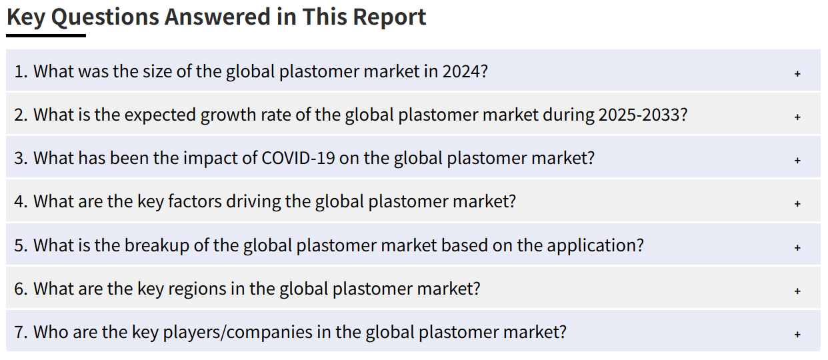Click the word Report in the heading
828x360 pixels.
(x=389, y=17)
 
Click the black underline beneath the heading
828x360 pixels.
(x=46, y=35)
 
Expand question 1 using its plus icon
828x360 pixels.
(x=797, y=73)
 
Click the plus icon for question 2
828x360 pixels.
(x=797, y=117)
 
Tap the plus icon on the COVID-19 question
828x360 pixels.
(x=797, y=160)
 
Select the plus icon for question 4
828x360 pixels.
(x=797, y=203)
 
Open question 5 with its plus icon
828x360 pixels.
(x=797, y=247)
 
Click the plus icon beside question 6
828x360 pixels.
(x=797, y=291)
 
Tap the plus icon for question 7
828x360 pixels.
(x=797, y=334)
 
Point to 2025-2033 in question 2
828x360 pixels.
(x=639, y=115)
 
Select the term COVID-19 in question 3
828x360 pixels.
(x=298, y=158)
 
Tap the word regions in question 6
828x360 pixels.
(x=197, y=289)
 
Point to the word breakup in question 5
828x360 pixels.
(x=157, y=246)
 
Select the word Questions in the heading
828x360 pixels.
(x=105, y=18)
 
